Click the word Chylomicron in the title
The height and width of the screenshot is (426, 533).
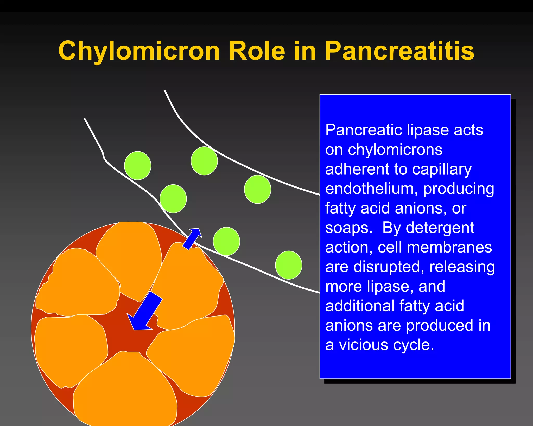pos(139,51)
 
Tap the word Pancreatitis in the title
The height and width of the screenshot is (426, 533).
pos(399,51)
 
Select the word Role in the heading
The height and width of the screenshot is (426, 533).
pos(257,51)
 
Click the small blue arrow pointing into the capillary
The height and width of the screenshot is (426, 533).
pos(193,238)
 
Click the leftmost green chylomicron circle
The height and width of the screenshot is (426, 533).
pos(138,165)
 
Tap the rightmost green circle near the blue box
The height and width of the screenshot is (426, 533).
pos(289,265)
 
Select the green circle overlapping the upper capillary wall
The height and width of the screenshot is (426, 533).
pos(204,161)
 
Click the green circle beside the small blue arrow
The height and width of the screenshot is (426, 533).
pos(226,241)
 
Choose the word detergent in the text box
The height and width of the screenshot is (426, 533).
pos(440,228)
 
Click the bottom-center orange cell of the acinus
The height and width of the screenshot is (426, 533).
pos(125,390)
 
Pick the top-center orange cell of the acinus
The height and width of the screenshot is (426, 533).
pos(129,257)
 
